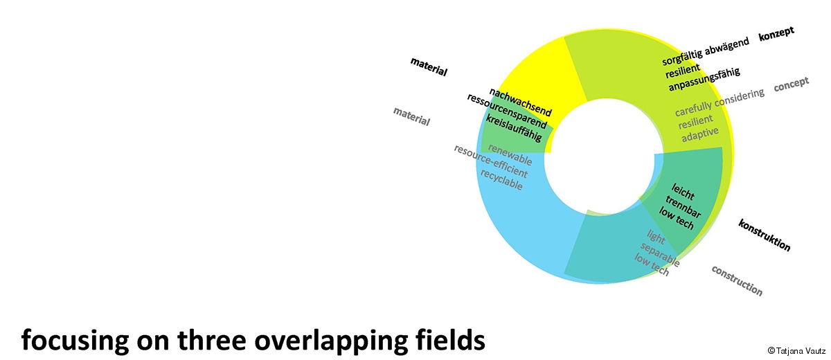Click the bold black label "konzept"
[x=776, y=34]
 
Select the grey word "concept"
[x=791, y=84]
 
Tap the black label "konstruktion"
[x=765, y=235]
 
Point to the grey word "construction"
[x=737, y=280]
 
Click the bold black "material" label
[x=429, y=66]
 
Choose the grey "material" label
[x=411, y=116]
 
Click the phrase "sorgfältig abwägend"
[x=706, y=51]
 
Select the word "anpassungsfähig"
[x=704, y=80]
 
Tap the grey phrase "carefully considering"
[x=720, y=102]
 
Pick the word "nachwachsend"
[x=520, y=102]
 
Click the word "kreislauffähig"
[x=514, y=128]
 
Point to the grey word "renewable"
[x=510, y=154]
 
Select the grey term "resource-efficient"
[x=490, y=161]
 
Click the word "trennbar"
[x=683, y=206]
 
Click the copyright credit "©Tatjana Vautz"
[x=796, y=350]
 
